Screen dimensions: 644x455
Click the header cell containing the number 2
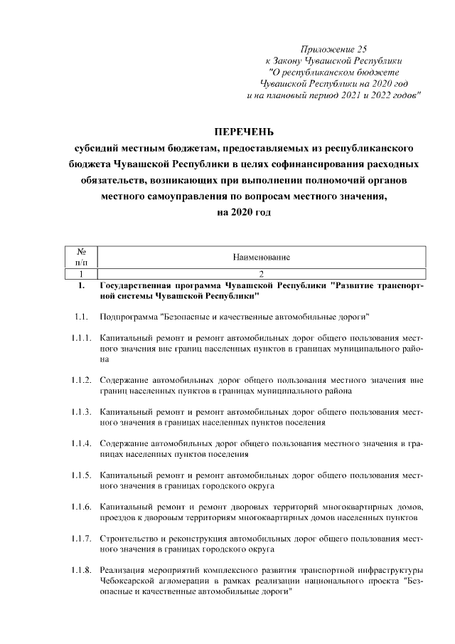(261, 273)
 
